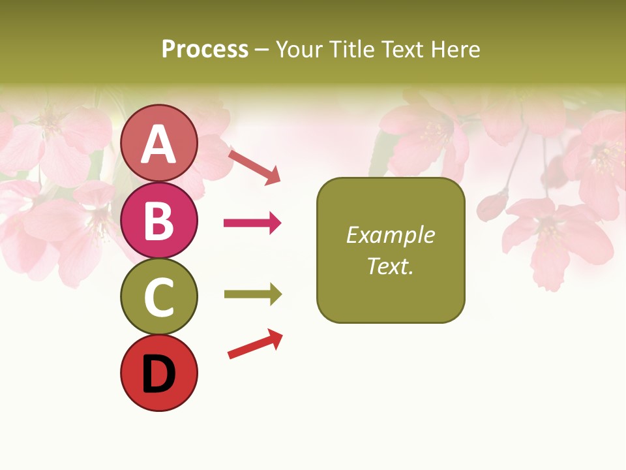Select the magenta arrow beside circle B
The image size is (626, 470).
click(252, 223)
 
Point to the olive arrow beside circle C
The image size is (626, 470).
click(252, 294)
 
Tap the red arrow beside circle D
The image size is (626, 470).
click(255, 344)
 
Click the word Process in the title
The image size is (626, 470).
click(205, 49)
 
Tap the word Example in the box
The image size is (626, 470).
click(390, 235)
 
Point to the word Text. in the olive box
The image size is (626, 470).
click(390, 266)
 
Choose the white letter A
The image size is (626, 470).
click(158, 144)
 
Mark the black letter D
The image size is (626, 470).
click(158, 374)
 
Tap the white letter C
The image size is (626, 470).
click(158, 297)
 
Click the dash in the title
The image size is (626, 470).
click(261, 50)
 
